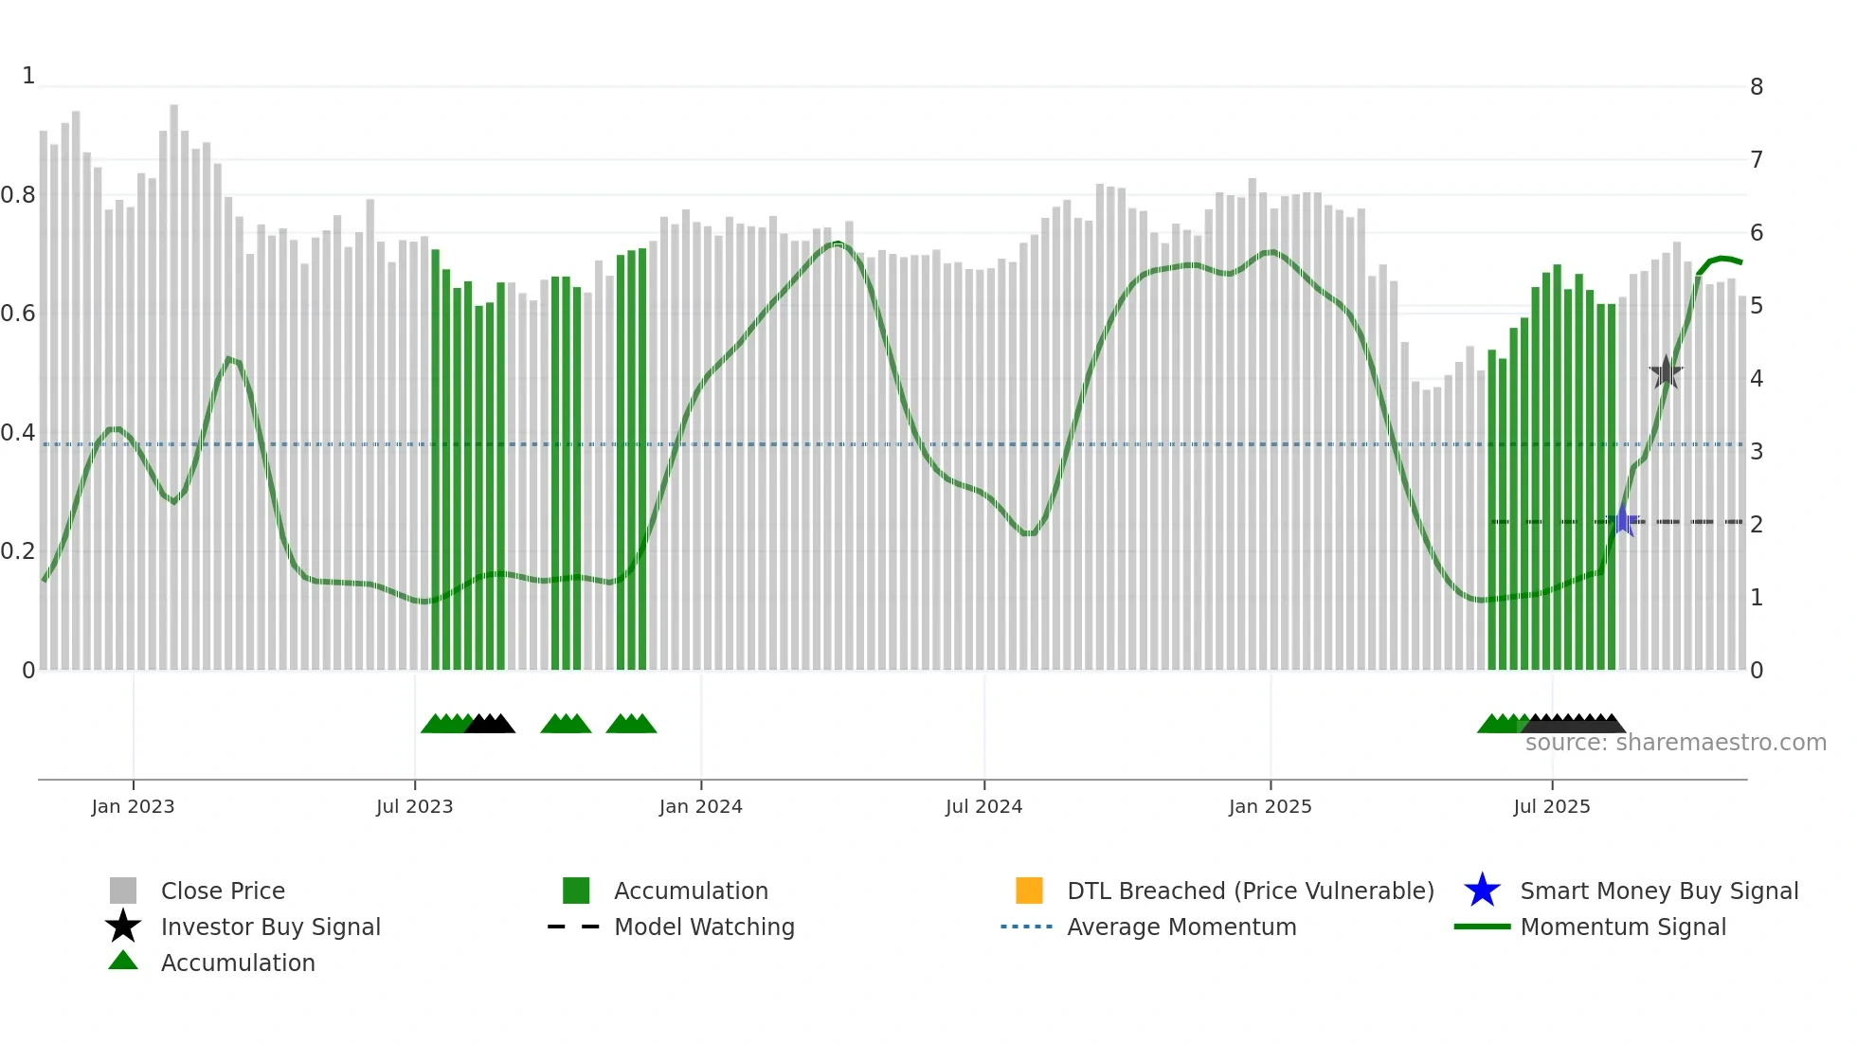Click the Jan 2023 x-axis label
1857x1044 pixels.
133,806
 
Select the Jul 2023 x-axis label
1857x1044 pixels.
414,806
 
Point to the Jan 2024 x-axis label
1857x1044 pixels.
700,806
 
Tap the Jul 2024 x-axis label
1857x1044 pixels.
983,806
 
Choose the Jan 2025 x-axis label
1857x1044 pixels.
1270,806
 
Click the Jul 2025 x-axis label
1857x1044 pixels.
1551,806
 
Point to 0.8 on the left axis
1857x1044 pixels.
18,195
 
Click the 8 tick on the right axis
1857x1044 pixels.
1757,87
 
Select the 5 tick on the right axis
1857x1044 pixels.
1757,306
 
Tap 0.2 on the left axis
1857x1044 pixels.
18,551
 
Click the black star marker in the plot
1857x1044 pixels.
1666,372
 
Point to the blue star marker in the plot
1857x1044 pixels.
1623,520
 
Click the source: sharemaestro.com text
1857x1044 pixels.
1675,743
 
